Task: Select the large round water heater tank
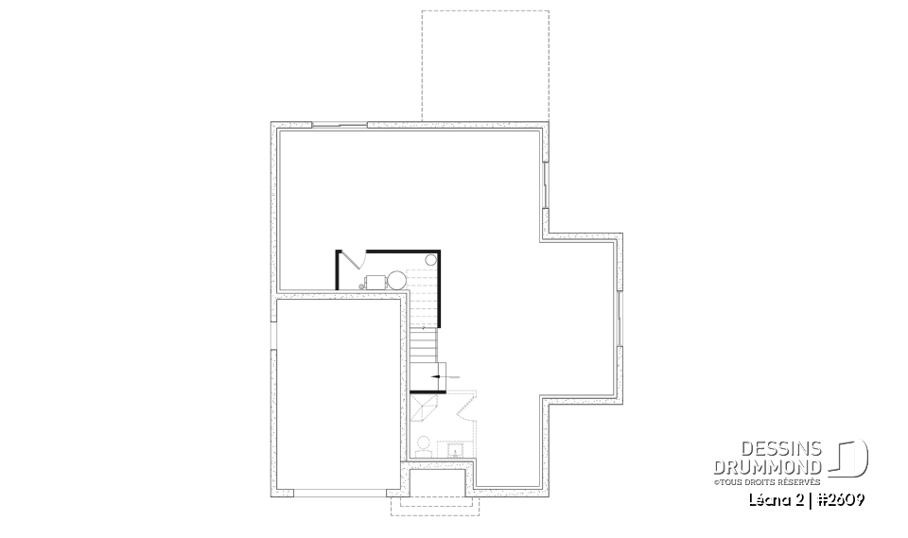[396, 280]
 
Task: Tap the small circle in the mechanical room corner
[430, 258]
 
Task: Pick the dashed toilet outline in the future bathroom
[423, 443]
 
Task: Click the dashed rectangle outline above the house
[484, 66]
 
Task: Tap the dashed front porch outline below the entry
[435, 503]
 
